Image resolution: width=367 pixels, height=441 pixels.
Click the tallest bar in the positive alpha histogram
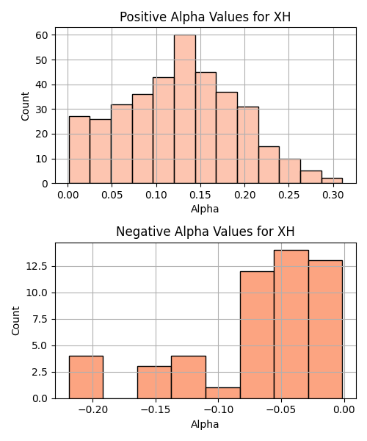[185, 109]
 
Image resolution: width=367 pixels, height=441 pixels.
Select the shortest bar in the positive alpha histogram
[332, 181]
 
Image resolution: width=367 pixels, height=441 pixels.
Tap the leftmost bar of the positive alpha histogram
[79, 150]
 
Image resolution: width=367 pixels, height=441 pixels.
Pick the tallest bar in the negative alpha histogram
[291, 324]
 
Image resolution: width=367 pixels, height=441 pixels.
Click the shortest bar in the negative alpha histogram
[223, 393]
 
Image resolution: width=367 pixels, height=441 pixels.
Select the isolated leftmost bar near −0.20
[86, 377]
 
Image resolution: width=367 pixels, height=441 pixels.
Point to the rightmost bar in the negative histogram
[325, 329]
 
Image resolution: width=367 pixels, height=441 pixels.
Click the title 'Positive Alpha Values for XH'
[205, 17]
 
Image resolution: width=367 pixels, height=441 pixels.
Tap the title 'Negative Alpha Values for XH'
[206, 232]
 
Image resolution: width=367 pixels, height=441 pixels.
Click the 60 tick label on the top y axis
[42, 35]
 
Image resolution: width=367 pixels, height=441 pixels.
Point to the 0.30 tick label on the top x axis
[333, 195]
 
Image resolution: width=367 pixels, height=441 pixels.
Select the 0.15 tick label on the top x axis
[200, 195]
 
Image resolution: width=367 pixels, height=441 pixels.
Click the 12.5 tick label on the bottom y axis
[36, 266]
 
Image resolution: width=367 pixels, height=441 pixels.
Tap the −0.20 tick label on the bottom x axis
[93, 410]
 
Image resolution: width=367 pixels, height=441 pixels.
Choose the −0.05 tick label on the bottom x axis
[281, 410]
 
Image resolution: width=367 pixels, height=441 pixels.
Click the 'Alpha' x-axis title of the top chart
[205, 209]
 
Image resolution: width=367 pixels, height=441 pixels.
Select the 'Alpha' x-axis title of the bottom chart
[205, 424]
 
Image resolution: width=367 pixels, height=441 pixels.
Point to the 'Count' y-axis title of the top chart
[25, 106]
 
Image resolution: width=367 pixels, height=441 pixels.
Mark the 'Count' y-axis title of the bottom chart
[15, 321]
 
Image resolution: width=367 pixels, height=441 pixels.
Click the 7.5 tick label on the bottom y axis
[40, 320]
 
